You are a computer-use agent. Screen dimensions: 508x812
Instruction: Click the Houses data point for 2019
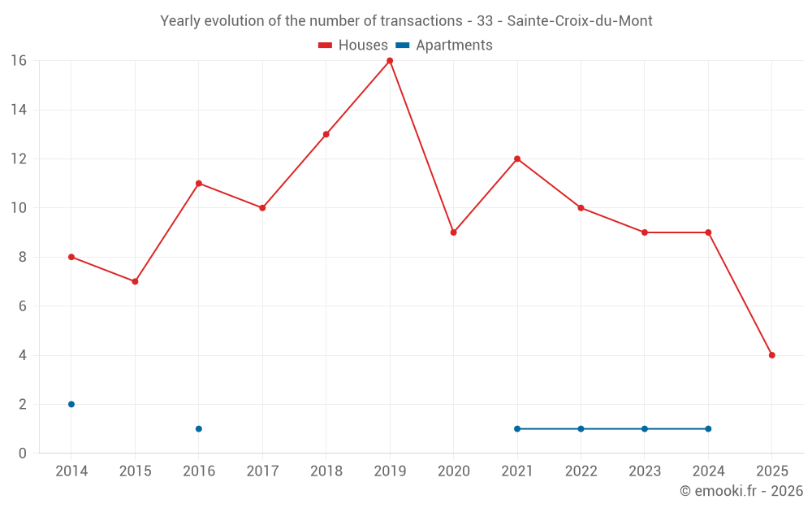point(390,61)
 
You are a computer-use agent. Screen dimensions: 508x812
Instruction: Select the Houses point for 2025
point(771,355)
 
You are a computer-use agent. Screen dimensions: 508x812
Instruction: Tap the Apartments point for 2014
point(71,404)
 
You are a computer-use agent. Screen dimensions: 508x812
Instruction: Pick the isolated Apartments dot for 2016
point(199,428)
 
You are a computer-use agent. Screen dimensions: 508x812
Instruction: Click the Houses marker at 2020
point(453,232)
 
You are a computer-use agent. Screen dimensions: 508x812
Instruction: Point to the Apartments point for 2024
point(708,428)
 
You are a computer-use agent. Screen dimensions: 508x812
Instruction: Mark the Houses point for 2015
point(135,281)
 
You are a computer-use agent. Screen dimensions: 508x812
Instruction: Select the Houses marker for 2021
point(517,158)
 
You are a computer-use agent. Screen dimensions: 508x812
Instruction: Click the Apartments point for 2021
point(517,428)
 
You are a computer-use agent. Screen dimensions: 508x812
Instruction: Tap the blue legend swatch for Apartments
point(403,46)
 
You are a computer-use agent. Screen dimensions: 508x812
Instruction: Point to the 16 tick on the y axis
point(19,61)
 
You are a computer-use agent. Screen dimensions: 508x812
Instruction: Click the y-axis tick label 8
point(23,257)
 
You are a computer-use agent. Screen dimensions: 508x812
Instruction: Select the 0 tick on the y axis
point(23,453)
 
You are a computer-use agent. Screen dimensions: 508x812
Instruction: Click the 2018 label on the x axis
point(326,471)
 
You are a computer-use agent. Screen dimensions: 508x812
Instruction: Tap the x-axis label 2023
point(644,471)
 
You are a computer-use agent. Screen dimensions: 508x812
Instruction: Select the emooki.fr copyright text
point(741,491)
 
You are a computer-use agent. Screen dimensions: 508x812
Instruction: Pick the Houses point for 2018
point(326,134)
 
